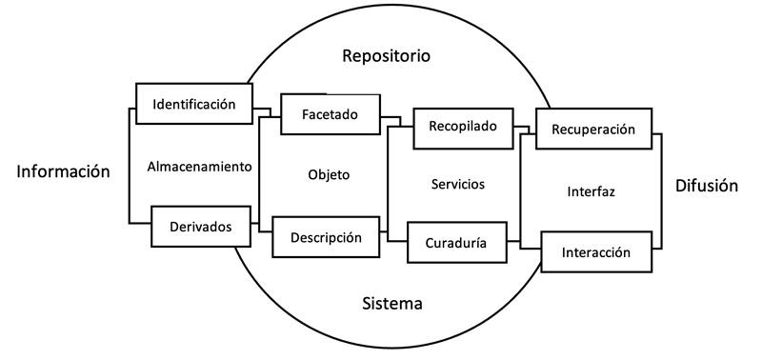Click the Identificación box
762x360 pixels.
pyautogui.click(x=193, y=104)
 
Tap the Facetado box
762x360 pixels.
pyautogui.click(x=329, y=114)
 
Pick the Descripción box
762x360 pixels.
pyautogui.click(x=326, y=237)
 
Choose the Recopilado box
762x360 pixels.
pyautogui.click(x=462, y=127)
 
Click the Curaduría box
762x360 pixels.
pyautogui.click(x=456, y=243)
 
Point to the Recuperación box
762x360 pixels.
pyautogui.click(x=592, y=130)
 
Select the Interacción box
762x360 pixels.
pyautogui.click(x=596, y=252)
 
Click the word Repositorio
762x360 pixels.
pyautogui.click(x=386, y=56)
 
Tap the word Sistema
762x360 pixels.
pyautogui.click(x=391, y=304)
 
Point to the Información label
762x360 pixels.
pyautogui.click(x=64, y=171)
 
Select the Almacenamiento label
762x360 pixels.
pyautogui.click(x=199, y=167)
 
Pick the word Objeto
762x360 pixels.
pyautogui.click(x=329, y=175)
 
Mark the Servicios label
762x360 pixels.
pyautogui.click(x=457, y=184)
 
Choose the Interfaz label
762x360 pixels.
pyautogui.click(x=591, y=191)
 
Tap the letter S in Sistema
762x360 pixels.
pyautogui.click(x=367, y=304)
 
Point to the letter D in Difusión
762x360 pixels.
pyautogui.click(x=679, y=186)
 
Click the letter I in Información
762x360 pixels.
pyautogui.click(x=20, y=171)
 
